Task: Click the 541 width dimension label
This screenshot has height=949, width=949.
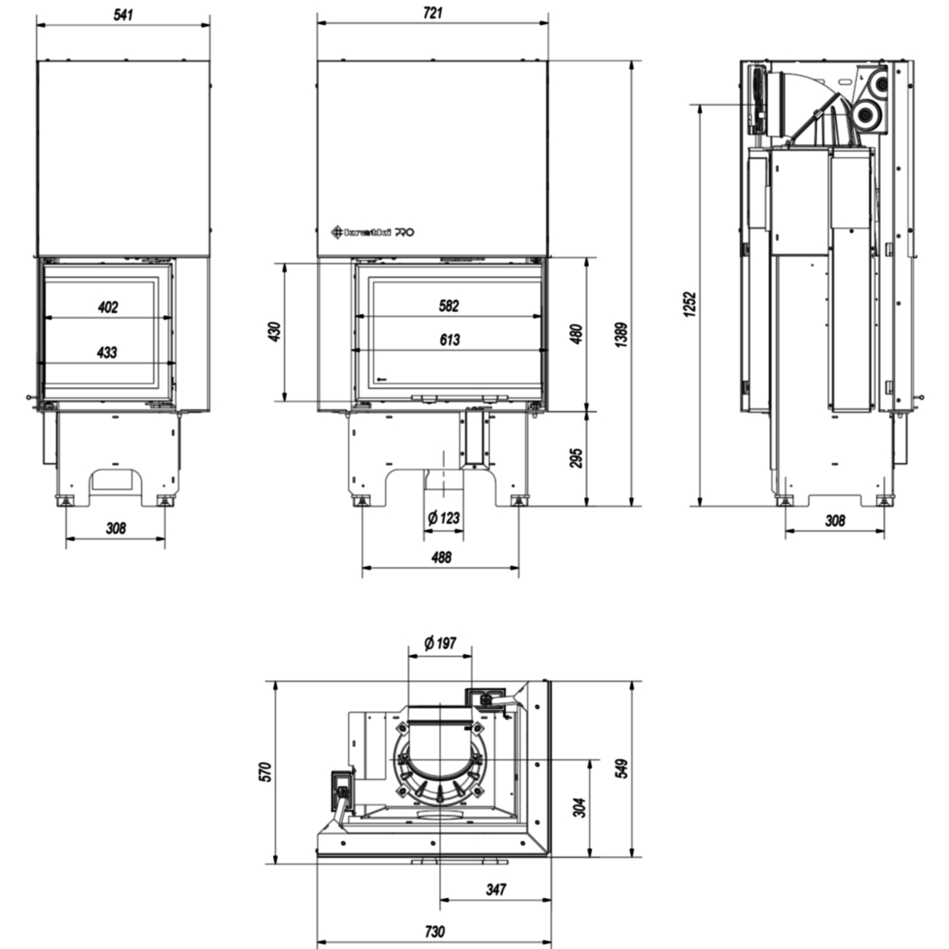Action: [123, 14]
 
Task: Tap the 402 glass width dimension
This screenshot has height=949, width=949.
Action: [107, 307]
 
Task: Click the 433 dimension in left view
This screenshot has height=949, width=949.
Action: [107, 353]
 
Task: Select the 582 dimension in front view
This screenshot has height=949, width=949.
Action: [449, 306]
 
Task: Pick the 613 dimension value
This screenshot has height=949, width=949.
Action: [450, 339]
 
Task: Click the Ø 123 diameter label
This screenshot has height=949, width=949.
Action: [444, 518]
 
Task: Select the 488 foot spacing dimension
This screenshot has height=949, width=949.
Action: [441, 557]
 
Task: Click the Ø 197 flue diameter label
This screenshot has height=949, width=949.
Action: [440, 643]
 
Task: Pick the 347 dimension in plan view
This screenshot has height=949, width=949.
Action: [496, 889]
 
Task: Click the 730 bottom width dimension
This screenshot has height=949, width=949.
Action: [434, 932]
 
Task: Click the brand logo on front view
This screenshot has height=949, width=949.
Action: [373, 233]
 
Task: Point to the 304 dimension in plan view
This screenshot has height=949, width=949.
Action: [579, 807]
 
